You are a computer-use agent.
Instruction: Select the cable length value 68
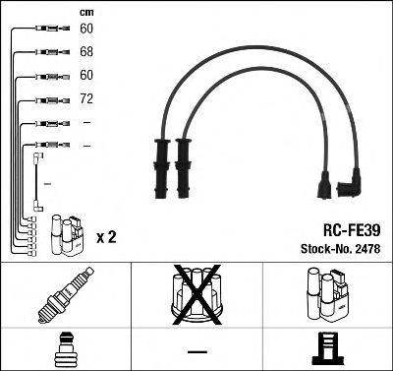(86, 51)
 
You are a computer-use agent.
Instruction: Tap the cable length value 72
(86, 98)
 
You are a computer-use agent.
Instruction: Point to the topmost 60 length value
(86, 29)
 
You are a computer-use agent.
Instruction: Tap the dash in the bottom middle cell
(197, 349)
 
